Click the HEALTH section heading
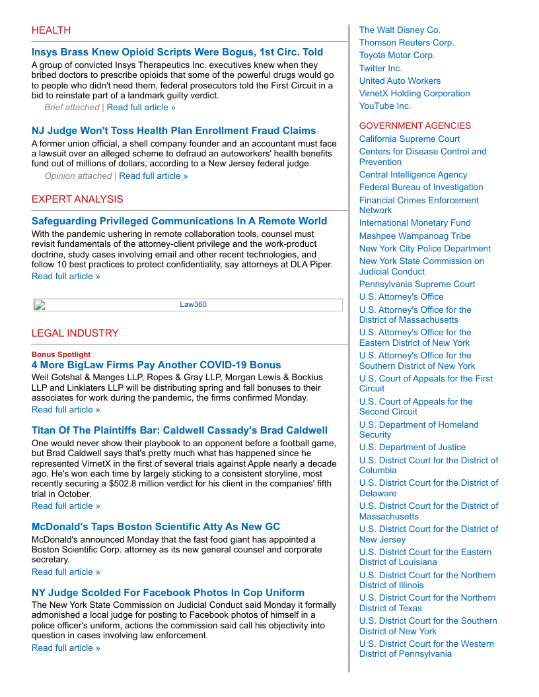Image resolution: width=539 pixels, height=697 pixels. (x=51, y=30)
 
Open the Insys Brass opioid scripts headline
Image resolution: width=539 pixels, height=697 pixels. (x=177, y=52)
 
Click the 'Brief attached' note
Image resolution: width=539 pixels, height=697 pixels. (x=71, y=107)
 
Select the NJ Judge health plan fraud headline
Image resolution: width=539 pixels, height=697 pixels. (x=174, y=131)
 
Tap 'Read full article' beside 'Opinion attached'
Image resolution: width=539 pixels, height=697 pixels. (x=153, y=176)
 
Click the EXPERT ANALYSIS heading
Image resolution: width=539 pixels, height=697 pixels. (x=77, y=199)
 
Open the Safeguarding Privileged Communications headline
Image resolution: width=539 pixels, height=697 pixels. (x=179, y=221)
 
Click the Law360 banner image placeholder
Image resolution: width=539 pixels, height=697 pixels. (x=188, y=305)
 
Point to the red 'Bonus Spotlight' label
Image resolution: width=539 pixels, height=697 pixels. (x=61, y=354)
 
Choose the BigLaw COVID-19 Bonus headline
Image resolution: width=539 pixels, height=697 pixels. (x=156, y=365)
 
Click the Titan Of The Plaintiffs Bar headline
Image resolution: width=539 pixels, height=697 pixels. (x=179, y=430)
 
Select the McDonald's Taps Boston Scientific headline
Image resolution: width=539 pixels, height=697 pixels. (x=155, y=527)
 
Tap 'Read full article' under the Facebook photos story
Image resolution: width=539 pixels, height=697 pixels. (x=65, y=647)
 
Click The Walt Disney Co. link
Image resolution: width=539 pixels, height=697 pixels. (x=400, y=30)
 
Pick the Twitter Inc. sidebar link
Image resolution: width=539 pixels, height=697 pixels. (x=380, y=68)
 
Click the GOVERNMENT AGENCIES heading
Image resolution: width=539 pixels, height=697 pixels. (x=415, y=125)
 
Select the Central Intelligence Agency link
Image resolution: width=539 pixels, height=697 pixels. (x=413, y=175)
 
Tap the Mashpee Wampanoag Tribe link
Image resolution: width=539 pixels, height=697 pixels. (x=415, y=236)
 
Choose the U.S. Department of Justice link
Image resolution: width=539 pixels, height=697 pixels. (x=412, y=448)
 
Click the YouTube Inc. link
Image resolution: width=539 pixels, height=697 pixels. (x=385, y=106)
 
